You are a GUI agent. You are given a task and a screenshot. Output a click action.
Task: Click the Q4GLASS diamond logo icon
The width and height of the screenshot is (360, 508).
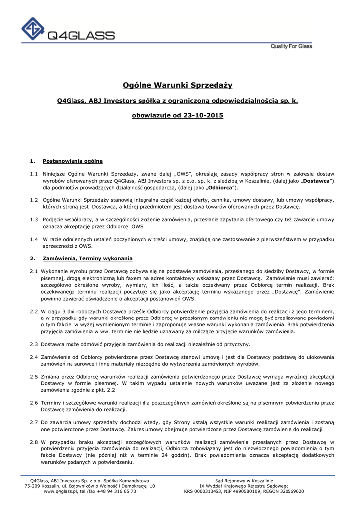point(33,30)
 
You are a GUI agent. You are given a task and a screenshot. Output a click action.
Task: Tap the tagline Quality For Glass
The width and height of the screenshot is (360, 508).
point(291,46)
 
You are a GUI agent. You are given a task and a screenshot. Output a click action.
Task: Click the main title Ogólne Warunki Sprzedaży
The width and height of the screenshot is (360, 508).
point(178,85)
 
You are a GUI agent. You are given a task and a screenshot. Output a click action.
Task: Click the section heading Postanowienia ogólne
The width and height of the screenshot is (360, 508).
point(73,161)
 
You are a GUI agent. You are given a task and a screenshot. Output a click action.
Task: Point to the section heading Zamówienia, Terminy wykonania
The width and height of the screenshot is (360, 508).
point(88,258)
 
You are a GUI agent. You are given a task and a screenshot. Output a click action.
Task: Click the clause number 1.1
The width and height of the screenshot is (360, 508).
point(34,174)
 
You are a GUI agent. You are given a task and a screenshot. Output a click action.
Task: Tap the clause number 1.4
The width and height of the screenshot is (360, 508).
point(34,239)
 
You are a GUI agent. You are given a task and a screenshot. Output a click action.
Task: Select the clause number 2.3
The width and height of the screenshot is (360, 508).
point(34,344)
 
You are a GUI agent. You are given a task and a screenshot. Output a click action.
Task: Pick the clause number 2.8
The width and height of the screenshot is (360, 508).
point(34,442)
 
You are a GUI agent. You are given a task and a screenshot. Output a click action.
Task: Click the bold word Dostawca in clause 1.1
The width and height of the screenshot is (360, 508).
point(316,181)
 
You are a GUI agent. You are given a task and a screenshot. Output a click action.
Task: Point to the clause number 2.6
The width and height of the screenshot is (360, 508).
point(34,403)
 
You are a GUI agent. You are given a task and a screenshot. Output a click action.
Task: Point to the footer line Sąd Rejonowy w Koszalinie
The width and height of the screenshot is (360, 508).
point(244,480)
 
